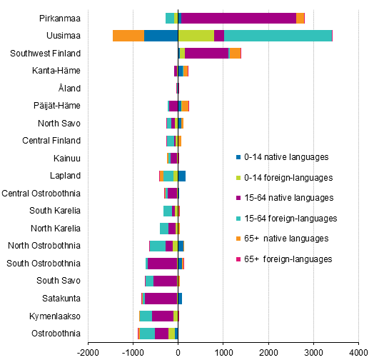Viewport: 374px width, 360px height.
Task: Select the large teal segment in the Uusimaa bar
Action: click(x=278, y=36)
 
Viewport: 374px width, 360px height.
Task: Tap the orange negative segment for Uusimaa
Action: click(x=128, y=36)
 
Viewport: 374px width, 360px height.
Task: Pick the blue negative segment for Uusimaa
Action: click(x=161, y=36)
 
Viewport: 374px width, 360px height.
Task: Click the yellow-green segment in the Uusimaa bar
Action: click(x=196, y=36)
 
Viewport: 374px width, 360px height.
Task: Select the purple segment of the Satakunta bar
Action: click(x=161, y=298)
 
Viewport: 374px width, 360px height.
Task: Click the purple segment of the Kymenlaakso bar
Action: click(x=163, y=316)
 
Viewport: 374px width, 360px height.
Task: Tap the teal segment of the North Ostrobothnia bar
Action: click(x=157, y=246)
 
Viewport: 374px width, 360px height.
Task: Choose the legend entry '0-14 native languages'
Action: click(x=285, y=156)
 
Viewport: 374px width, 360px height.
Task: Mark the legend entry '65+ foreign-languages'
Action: click(x=288, y=259)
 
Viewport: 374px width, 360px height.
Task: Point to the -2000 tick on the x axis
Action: click(x=87, y=351)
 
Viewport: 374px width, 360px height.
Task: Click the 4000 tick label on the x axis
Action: click(x=358, y=351)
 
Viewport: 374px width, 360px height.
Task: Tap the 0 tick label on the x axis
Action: click(x=178, y=351)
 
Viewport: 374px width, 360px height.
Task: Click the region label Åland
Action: click(x=69, y=88)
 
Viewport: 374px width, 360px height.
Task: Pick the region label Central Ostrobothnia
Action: click(x=41, y=193)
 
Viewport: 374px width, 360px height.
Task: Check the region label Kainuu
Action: click(x=67, y=158)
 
